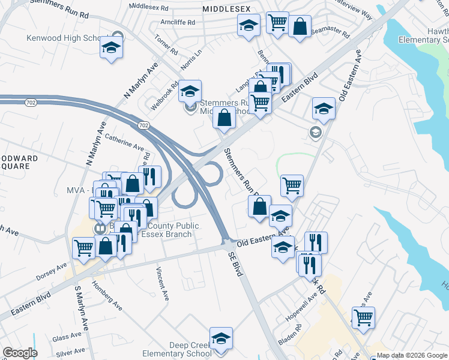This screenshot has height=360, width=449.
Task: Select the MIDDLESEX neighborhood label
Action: (x=226, y=10)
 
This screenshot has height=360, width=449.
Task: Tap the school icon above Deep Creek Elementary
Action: (x=221, y=338)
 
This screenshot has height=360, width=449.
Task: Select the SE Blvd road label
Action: (x=235, y=263)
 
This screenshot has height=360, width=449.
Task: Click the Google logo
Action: (x=20, y=353)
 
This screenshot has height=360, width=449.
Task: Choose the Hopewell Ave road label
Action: (x=303, y=310)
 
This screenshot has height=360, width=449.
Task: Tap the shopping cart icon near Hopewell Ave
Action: (x=363, y=318)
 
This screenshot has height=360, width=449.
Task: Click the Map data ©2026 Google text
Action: (x=411, y=355)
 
